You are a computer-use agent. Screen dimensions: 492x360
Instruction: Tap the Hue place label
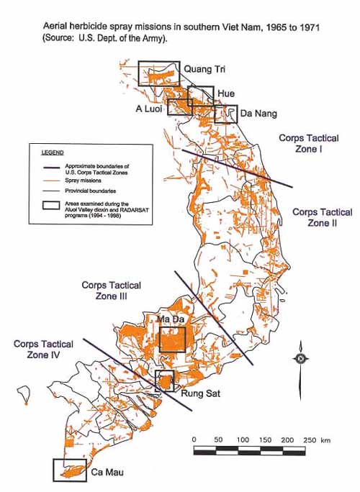(x=225, y=94)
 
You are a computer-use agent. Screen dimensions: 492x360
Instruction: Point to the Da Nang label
(x=258, y=114)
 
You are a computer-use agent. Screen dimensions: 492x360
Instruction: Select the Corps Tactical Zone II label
(x=322, y=218)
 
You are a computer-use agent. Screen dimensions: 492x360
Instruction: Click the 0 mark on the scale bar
(x=194, y=439)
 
